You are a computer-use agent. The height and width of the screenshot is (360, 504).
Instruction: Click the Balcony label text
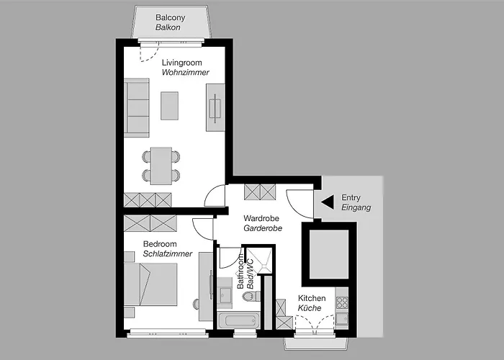[x=171, y=17]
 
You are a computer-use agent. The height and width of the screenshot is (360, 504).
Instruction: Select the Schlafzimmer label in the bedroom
[x=167, y=254]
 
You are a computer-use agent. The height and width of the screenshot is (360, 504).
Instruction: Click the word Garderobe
[x=262, y=228]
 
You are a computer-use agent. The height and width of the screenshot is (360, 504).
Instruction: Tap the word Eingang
[x=356, y=207]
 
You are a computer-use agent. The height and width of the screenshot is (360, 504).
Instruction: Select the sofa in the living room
[x=136, y=108]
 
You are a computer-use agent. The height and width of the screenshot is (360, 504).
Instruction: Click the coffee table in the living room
[x=170, y=106]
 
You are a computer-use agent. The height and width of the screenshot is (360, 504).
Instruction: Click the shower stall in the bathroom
[x=258, y=261]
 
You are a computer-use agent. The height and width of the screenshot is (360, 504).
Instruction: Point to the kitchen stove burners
[x=342, y=301]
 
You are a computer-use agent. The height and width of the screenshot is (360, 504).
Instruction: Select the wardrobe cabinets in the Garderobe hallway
[x=260, y=192]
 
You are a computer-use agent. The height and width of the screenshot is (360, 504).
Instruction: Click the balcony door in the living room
[x=150, y=50]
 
